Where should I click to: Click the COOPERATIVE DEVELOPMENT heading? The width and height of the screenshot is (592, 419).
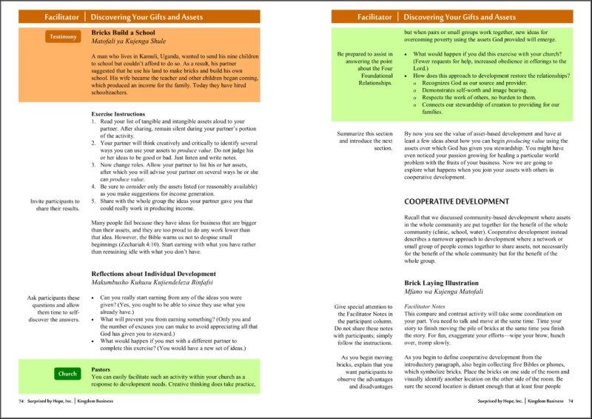click(x=457, y=201)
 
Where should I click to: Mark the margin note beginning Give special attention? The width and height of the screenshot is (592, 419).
click(x=362, y=326)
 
